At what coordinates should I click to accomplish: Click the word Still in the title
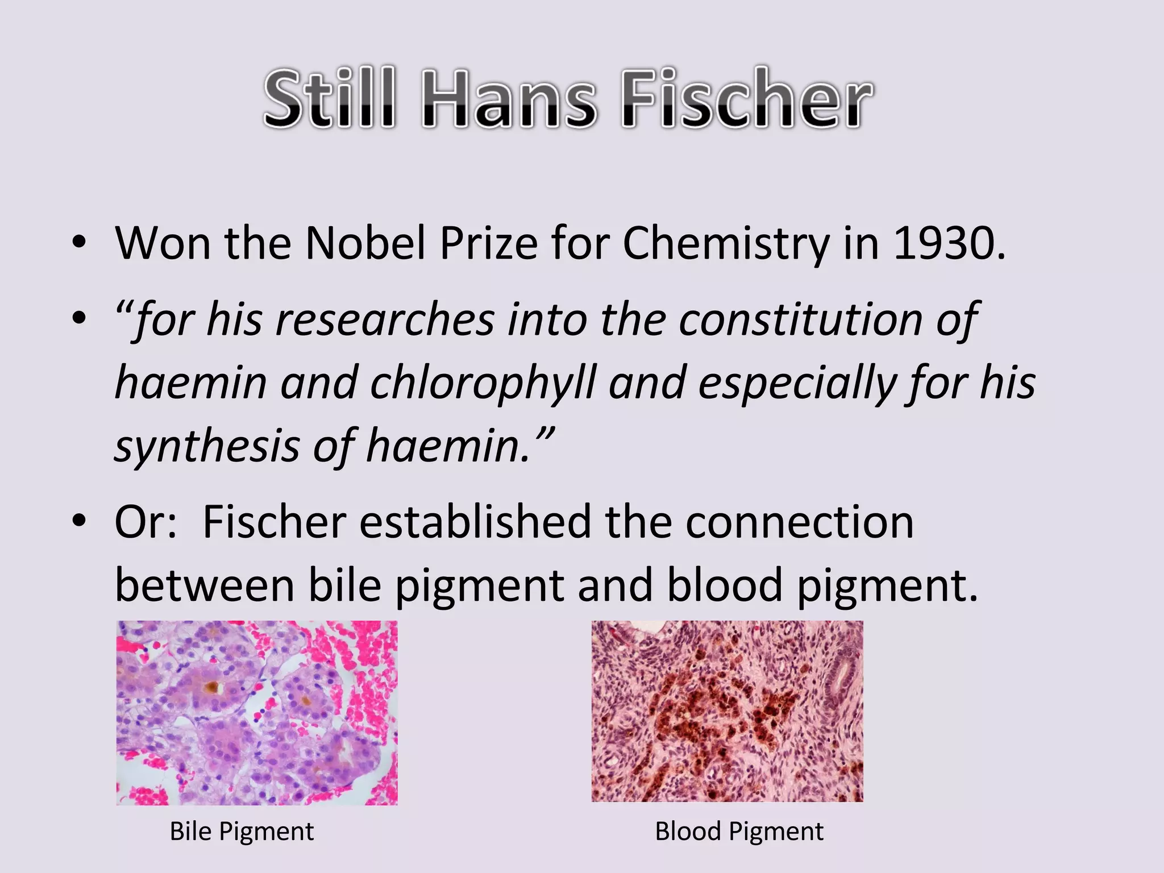tap(328, 98)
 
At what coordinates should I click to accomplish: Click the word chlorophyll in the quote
tap(483, 382)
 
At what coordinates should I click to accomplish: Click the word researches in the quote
tap(385, 319)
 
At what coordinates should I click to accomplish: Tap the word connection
tap(799, 521)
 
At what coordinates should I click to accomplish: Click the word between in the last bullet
tap(204, 585)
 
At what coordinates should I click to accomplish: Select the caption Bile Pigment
tap(242, 832)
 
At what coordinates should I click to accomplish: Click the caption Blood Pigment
tap(739, 832)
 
